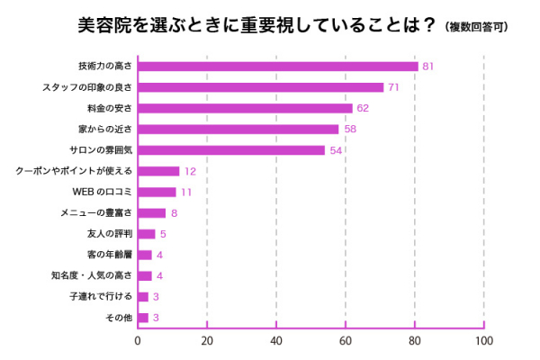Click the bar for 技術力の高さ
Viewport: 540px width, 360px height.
[278, 67]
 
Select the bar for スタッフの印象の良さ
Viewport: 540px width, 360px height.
[261, 87]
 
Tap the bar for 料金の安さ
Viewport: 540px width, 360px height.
[245, 108]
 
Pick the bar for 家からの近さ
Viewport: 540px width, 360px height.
[238, 130]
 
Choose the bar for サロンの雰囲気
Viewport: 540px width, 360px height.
[231, 150]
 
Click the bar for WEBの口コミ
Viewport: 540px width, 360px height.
[157, 192]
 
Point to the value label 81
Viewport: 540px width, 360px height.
[428, 67]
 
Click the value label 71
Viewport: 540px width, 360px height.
[393, 87]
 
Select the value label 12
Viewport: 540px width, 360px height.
[190, 171]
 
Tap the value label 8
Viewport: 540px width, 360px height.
[174, 213]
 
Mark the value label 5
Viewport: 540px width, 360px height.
[164, 234]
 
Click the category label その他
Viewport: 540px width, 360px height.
[118, 318]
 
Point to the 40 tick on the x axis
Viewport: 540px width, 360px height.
[276, 341]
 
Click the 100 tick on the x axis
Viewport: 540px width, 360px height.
[484, 341]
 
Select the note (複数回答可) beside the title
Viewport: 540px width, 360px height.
[476, 27]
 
